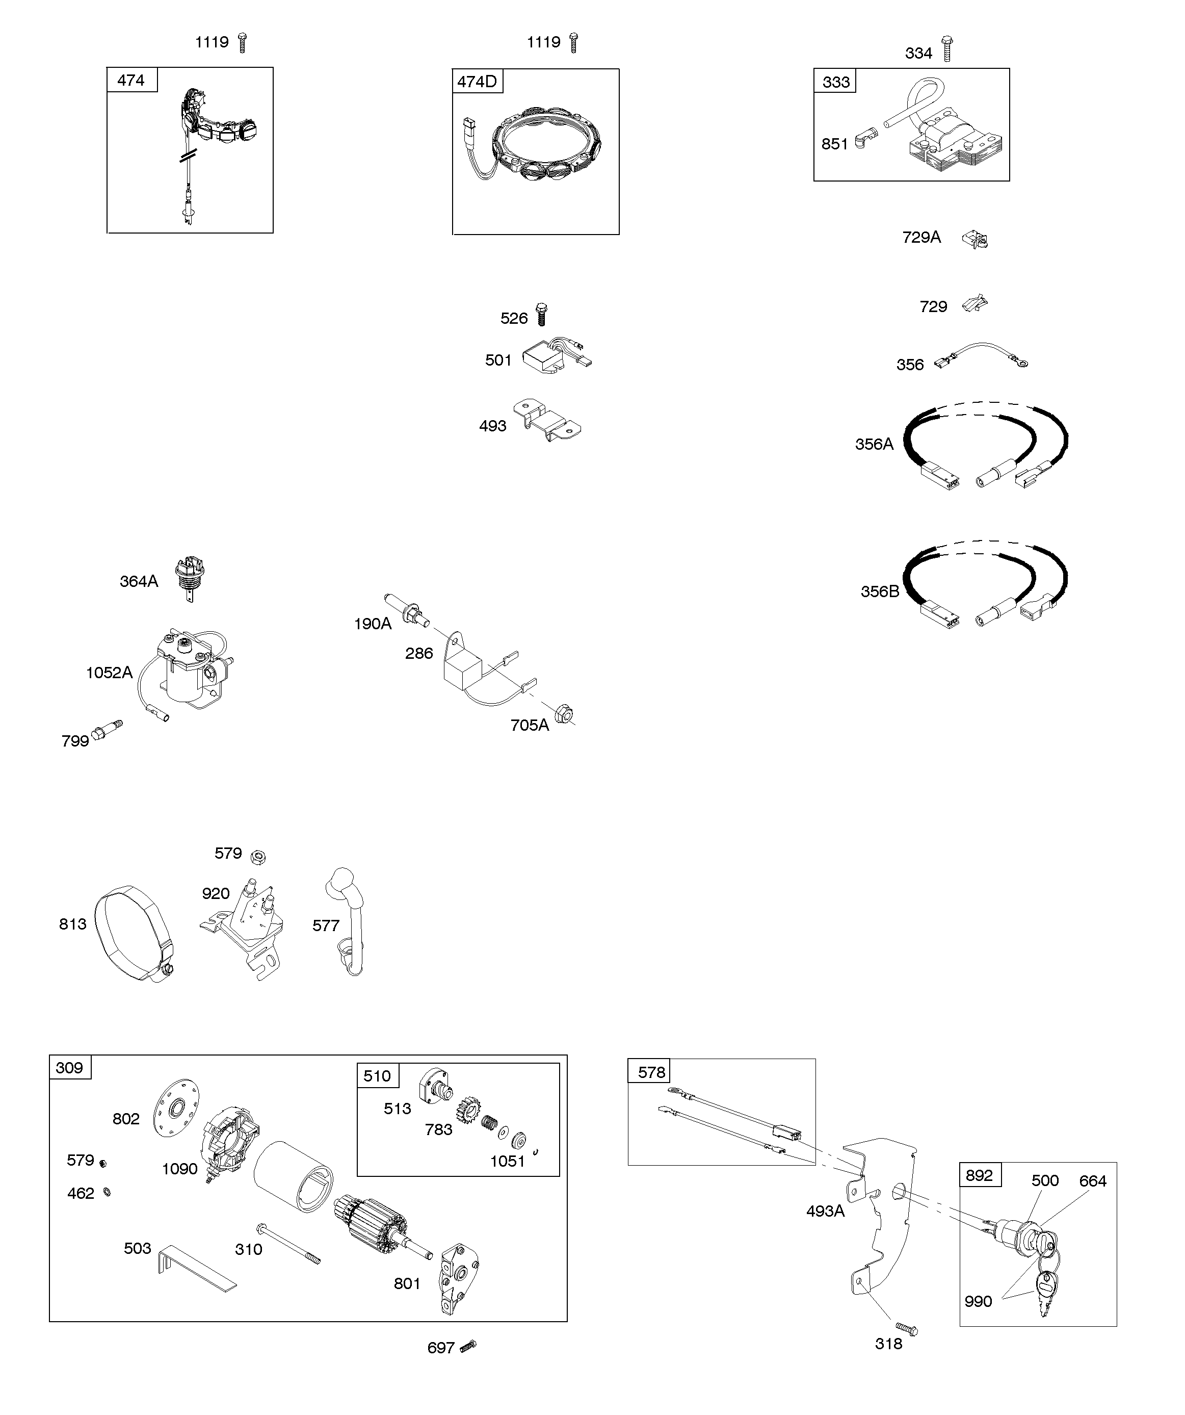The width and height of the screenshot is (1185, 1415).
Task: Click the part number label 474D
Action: [477, 82]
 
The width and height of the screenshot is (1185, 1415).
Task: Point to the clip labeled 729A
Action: [976, 239]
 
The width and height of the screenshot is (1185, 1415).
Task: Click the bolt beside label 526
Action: [540, 315]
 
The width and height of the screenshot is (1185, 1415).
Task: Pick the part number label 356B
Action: [879, 591]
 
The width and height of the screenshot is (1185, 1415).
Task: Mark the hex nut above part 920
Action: [257, 857]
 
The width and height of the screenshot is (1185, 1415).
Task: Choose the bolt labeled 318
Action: [907, 1327]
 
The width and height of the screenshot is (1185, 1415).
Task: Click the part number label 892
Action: [979, 1175]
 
